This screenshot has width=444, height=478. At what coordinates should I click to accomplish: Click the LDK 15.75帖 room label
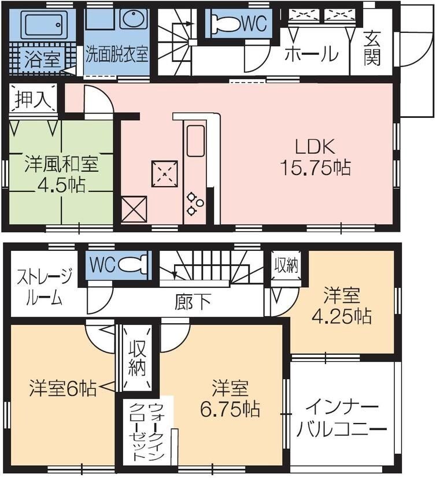[315, 157]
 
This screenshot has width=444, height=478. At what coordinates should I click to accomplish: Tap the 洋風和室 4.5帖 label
[61, 175]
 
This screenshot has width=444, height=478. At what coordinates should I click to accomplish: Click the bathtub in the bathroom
[40, 24]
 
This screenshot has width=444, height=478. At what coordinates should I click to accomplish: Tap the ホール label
[311, 54]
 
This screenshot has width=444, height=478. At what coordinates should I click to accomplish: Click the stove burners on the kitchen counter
[194, 200]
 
